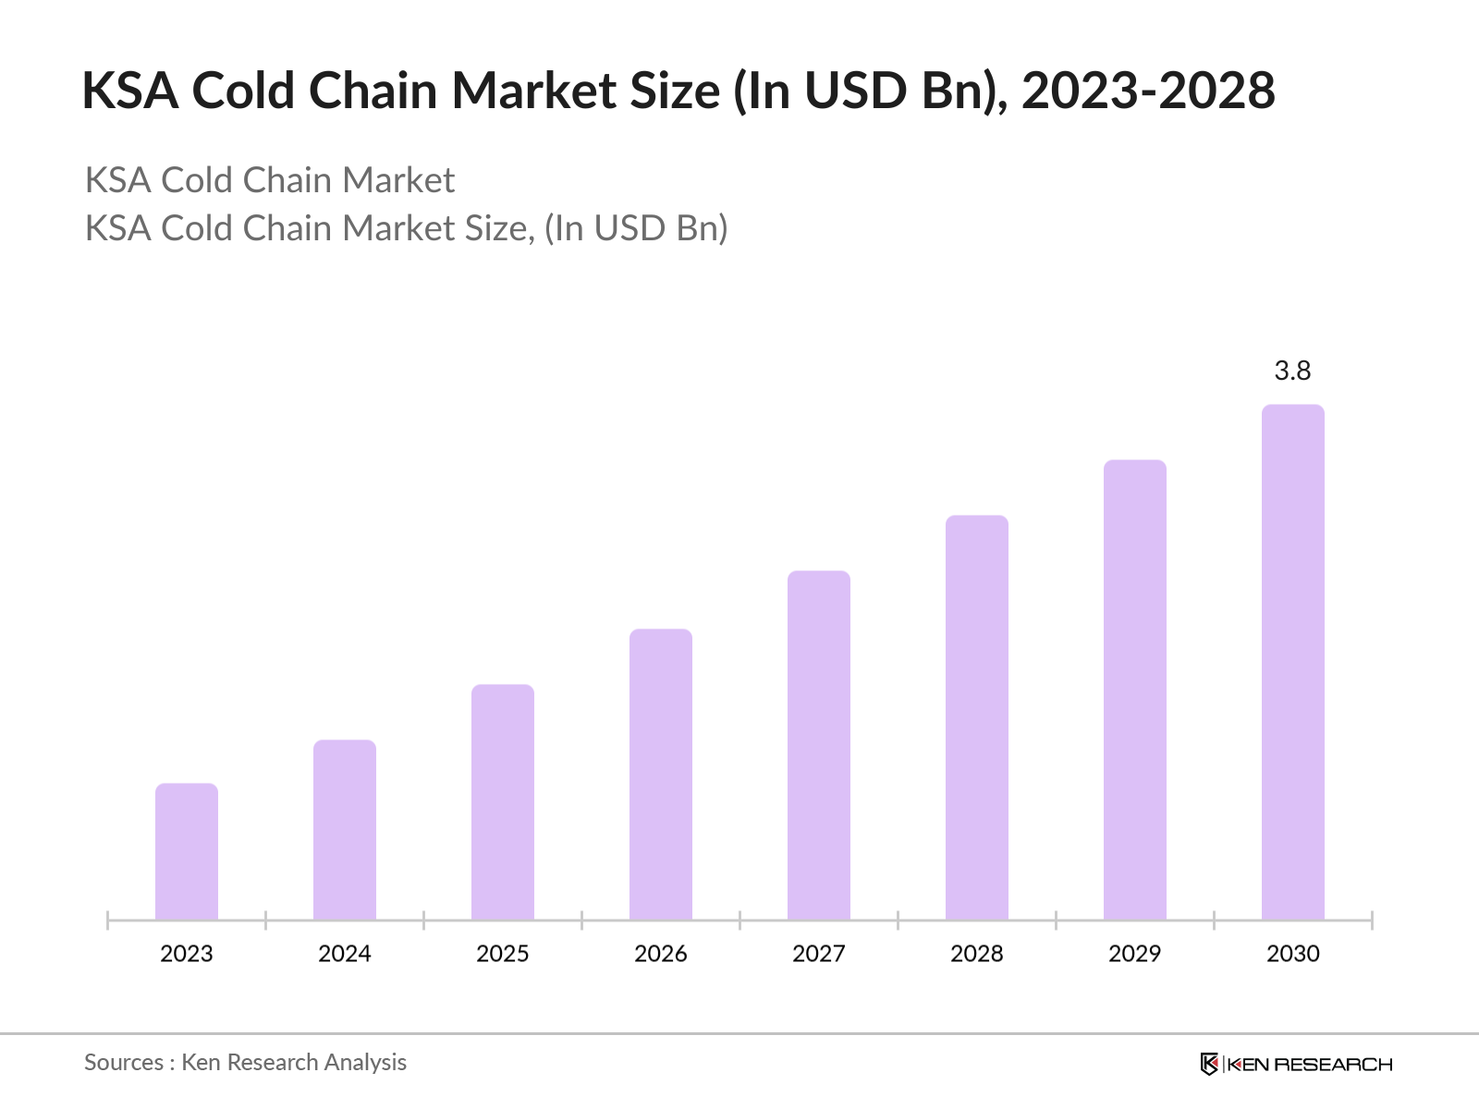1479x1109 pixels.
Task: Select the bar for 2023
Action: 187,852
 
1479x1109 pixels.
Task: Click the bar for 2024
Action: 345,830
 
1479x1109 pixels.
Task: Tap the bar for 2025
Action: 503,802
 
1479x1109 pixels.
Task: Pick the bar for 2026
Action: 661,774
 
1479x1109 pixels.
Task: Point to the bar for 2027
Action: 819,745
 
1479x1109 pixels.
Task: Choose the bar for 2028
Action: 977,717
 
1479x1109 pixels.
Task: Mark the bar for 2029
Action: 1135,689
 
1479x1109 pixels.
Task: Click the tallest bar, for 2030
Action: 1293,662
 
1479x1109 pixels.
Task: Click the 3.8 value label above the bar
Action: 1292,371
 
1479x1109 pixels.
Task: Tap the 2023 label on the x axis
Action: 187,954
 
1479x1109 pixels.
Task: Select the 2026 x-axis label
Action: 661,954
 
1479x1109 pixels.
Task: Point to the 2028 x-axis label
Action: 977,954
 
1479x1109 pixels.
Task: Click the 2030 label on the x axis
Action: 1293,954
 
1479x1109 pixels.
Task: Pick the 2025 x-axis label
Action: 503,954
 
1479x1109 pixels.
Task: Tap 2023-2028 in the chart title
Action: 1148,91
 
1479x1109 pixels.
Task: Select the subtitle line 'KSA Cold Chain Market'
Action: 270,180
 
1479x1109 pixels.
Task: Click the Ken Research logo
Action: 1296,1064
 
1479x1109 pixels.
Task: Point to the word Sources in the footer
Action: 124,1063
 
